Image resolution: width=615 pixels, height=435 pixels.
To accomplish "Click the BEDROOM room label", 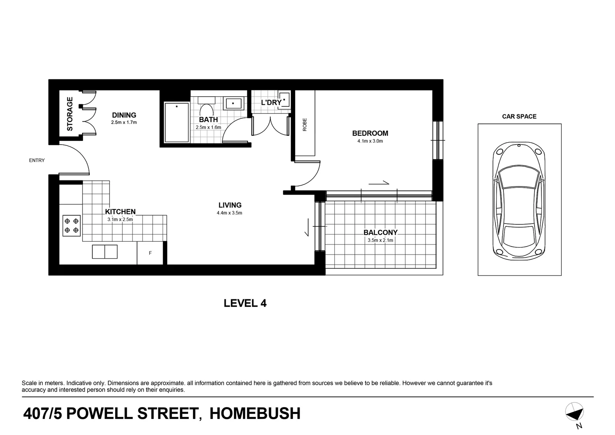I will click(x=370, y=133).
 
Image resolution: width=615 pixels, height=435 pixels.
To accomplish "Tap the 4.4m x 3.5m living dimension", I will click(x=229, y=213).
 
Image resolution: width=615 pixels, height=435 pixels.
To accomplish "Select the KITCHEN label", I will click(x=120, y=212).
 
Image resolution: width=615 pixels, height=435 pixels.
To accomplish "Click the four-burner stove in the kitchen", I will click(x=71, y=226).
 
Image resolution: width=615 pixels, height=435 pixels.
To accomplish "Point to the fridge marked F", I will click(x=150, y=253).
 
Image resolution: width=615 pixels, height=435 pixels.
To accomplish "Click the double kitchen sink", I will click(x=105, y=252).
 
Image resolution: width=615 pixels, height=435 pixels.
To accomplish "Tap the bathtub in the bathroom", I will click(x=176, y=122).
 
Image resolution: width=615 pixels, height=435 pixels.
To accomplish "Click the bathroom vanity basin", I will click(x=233, y=104).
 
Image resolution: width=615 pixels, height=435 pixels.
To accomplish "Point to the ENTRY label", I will click(x=37, y=160).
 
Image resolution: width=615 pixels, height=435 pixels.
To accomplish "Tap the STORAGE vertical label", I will click(x=70, y=114).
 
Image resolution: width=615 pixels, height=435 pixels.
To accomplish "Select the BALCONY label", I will click(x=380, y=232).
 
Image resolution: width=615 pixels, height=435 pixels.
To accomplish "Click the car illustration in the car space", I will click(x=519, y=200).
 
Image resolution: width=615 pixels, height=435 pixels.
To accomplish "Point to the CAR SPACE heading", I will click(x=519, y=116).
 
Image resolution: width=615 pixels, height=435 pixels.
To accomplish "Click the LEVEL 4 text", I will click(x=245, y=303).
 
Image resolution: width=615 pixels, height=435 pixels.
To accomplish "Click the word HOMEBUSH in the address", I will click(x=255, y=414).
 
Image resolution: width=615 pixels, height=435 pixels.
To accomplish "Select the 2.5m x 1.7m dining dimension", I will click(x=124, y=122).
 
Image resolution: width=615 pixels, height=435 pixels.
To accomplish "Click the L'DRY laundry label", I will click(x=271, y=103).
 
